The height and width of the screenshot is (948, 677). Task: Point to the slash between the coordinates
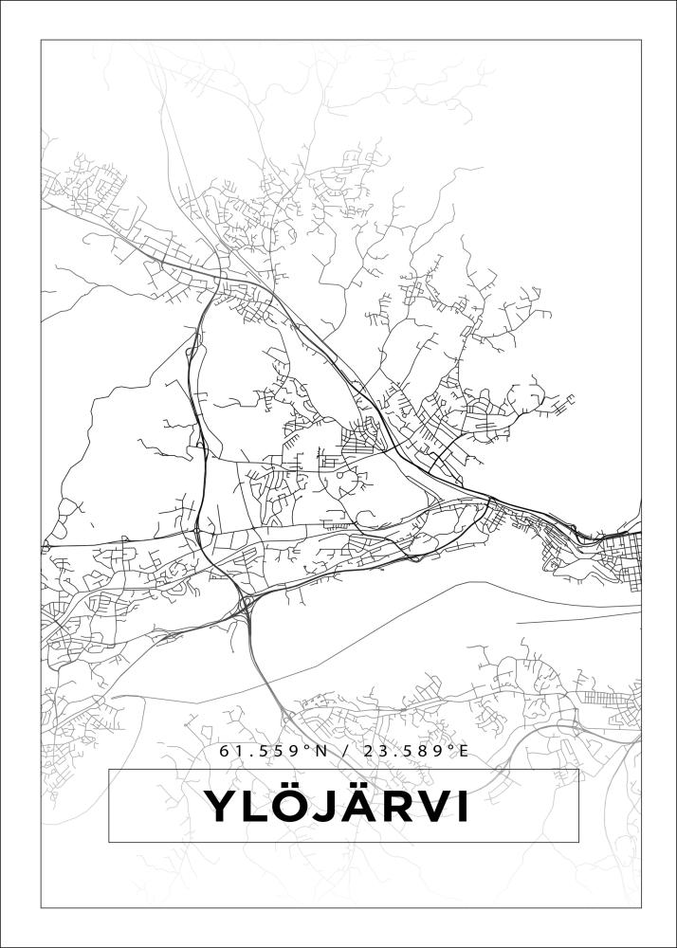[341, 751]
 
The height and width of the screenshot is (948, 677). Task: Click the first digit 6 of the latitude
[225, 751]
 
